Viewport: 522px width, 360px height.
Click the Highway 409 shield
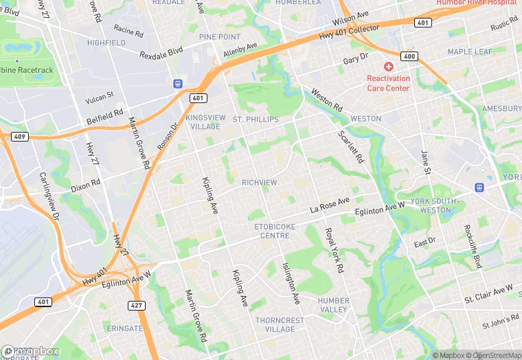pyautogui.click(x=19, y=137)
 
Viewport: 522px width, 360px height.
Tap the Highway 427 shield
pyautogui.click(x=135, y=304)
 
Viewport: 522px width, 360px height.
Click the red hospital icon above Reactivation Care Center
pyautogui.click(x=389, y=67)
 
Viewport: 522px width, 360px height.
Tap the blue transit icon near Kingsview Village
pyautogui.click(x=178, y=84)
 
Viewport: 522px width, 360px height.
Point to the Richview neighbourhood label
pyautogui.click(x=259, y=183)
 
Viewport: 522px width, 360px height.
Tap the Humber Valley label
pyautogui.click(x=334, y=305)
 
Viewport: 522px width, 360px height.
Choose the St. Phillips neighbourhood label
pyautogui.click(x=256, y=120)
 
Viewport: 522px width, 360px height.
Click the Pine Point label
pyautogui.click(x=219, y=36)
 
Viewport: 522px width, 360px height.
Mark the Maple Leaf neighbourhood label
pyautogui.click(x=470, y=52)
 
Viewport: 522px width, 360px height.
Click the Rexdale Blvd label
pyautogui.click(x=162, y=53)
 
